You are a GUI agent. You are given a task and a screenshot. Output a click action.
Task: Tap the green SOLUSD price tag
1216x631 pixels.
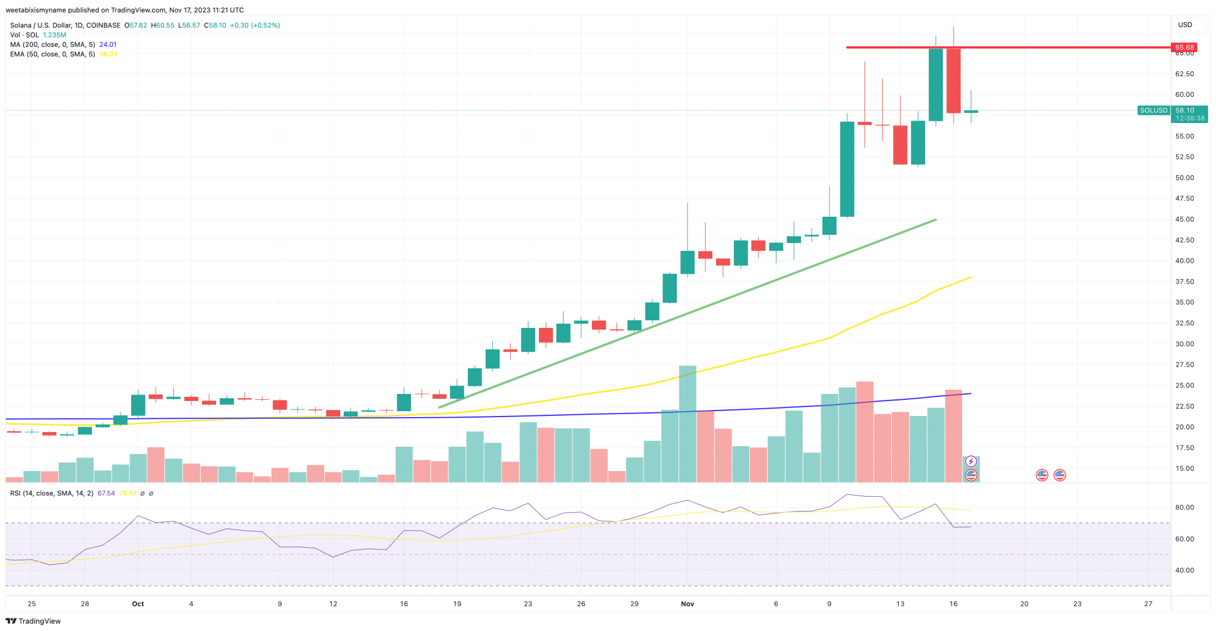(1154, 111)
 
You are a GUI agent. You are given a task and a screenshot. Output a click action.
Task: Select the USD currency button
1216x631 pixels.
(1185, 25)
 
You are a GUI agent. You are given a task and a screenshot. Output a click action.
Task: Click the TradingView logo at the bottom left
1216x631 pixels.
(33, 621)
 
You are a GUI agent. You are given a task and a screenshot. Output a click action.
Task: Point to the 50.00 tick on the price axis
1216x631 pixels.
(1185, 178)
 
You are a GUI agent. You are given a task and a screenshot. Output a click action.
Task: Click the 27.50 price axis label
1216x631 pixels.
(1185, 365)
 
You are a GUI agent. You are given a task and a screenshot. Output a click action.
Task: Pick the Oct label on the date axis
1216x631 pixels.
(138, 604)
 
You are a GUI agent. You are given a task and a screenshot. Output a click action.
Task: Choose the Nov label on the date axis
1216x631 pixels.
(688, 604)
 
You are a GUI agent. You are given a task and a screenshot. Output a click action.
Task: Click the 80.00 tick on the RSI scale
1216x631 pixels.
(1185, 507)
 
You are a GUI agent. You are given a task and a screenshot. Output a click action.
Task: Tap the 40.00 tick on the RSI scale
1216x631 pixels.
(1185, 570)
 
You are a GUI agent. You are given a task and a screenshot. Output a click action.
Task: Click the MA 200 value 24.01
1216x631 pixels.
(108, 45)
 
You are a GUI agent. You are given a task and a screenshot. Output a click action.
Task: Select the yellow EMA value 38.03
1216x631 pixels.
(108, 54)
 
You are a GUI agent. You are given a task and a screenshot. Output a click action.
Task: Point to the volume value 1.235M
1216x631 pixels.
(55, 35)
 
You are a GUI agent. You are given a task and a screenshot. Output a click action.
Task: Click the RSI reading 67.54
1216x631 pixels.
(106, 493)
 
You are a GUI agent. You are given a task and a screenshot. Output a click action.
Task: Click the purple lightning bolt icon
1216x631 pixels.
(971, 461)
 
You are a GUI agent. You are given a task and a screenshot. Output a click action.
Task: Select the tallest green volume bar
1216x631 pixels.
(688, 423)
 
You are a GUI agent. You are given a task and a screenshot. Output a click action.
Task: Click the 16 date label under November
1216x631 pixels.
(954, 604)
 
